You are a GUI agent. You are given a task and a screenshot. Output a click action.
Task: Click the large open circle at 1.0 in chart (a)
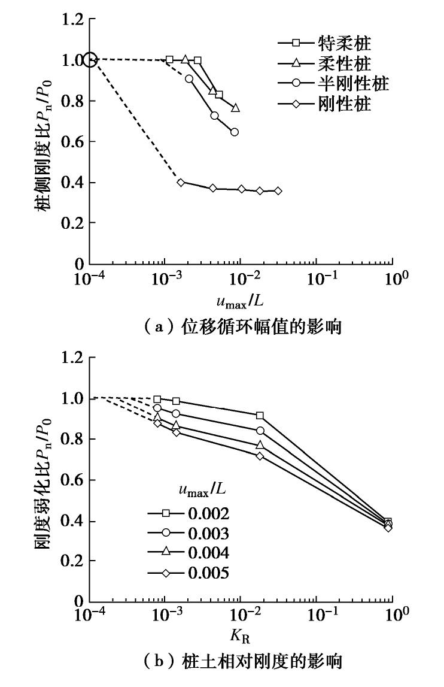coord(90,60)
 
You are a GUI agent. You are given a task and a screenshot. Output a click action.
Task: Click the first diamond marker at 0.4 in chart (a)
coord(181,182)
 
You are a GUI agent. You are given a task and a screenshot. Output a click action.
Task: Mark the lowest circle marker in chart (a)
coord(235,132)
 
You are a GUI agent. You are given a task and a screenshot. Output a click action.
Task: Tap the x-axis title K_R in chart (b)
coord(242,635)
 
